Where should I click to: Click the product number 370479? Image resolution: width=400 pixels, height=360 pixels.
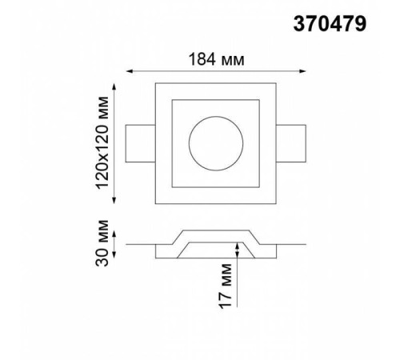coord(330,24)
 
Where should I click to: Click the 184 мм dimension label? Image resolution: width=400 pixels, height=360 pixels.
coord(216,59)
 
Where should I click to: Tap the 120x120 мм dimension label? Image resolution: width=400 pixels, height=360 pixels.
coord(102,143)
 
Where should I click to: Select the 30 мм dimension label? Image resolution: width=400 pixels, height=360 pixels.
coord(102,243)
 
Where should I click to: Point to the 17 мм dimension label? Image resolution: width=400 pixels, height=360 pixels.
coord(226,286)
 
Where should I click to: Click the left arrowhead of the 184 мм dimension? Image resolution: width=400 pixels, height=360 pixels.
coord(130,71)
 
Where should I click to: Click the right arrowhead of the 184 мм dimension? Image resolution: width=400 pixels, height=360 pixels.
coord(302,71)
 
